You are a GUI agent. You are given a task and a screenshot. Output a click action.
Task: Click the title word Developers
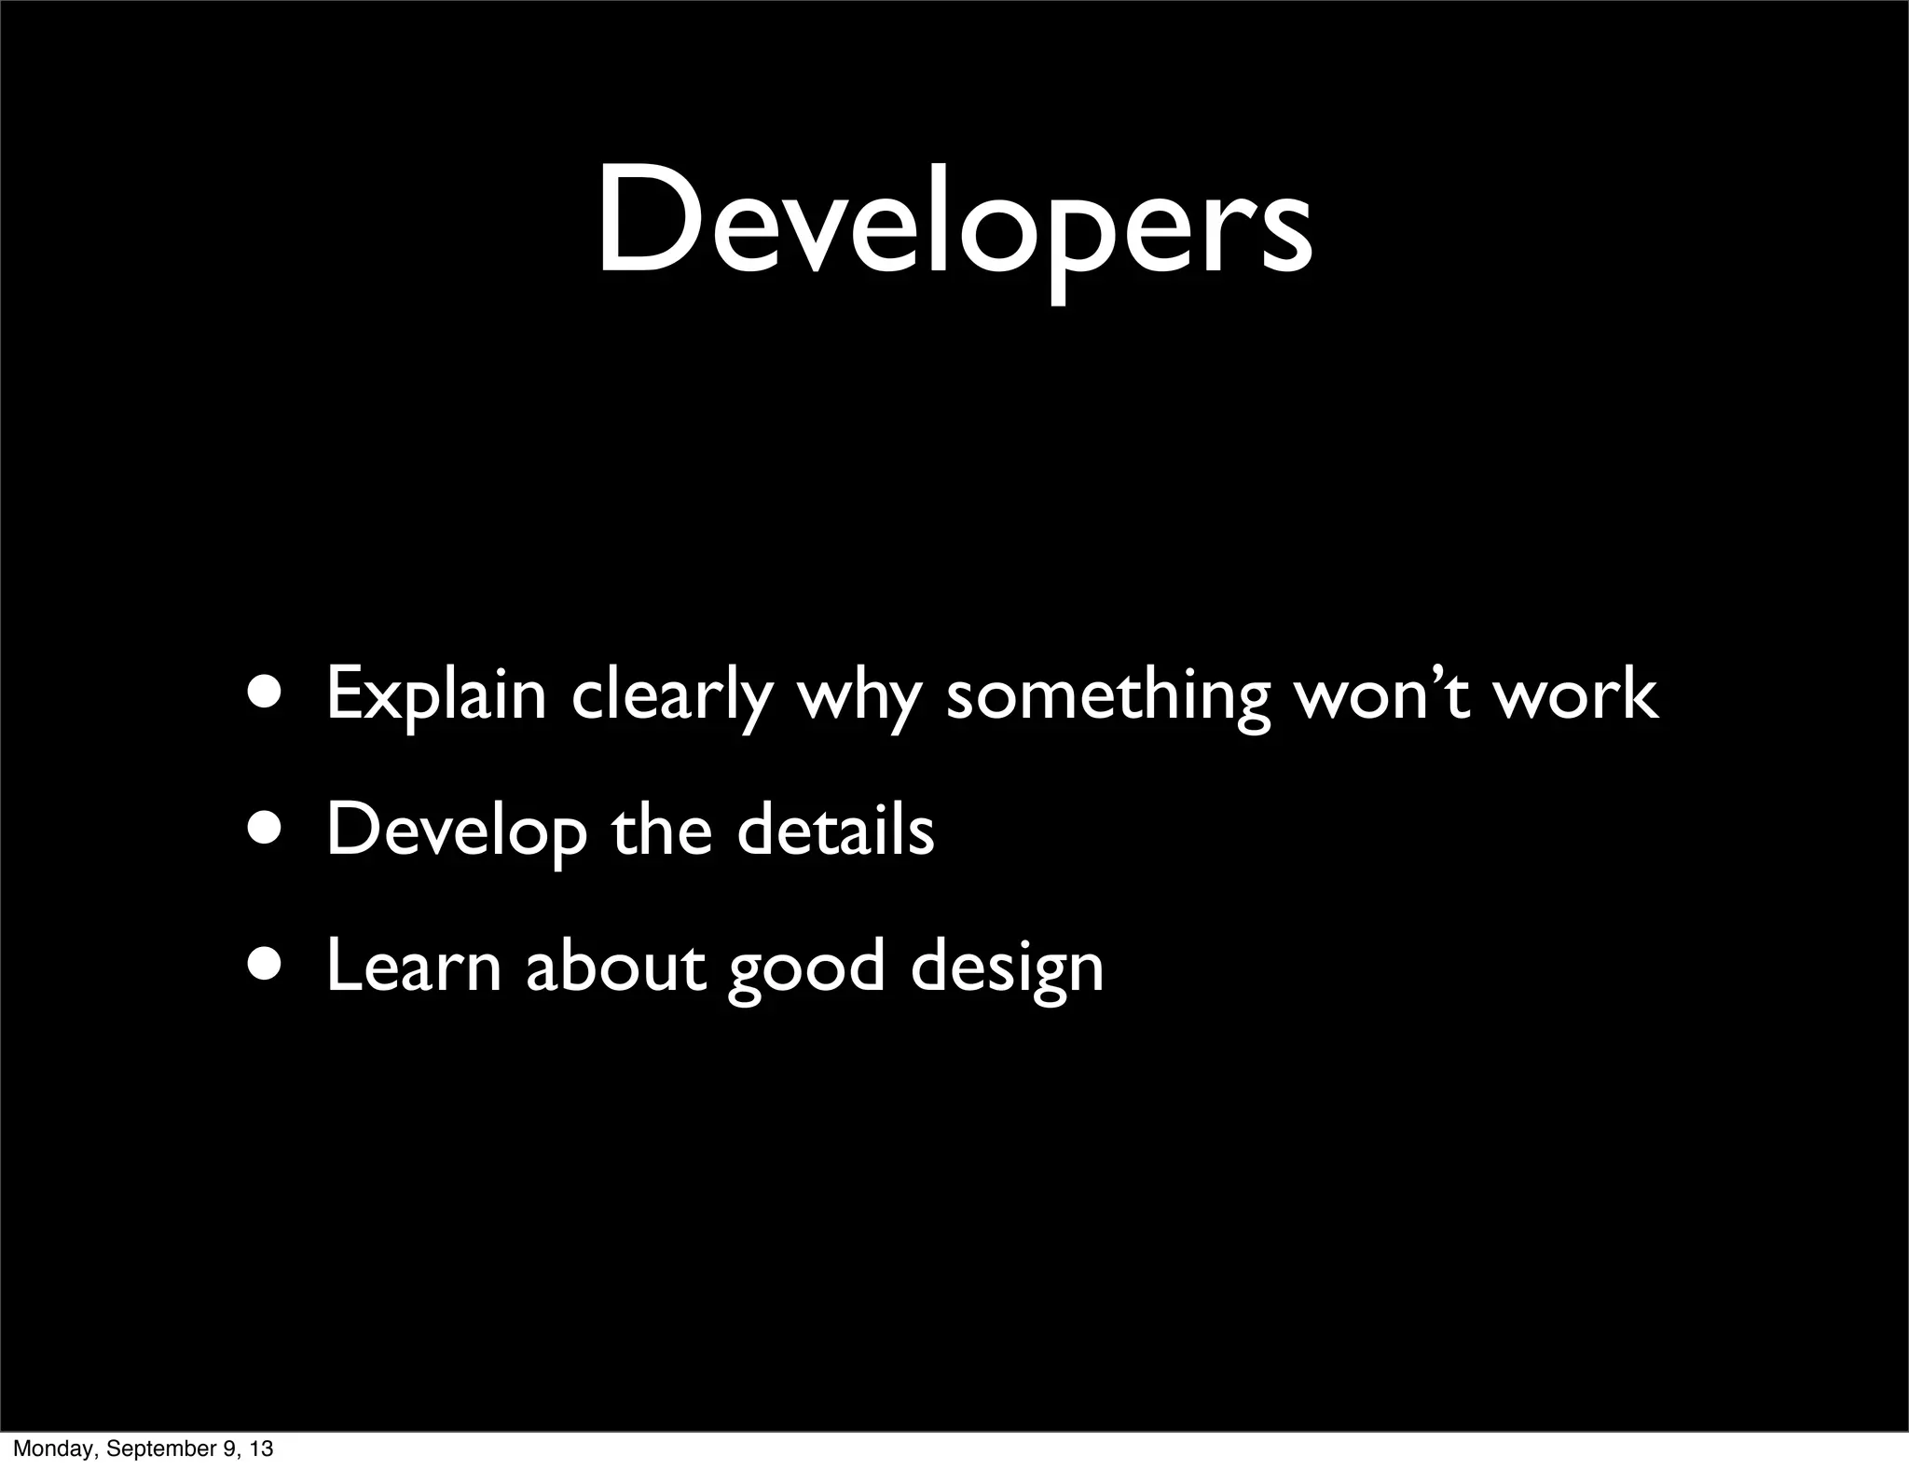click(x=954, y=224)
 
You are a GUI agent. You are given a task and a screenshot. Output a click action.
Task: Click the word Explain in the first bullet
click(x=436, y=695)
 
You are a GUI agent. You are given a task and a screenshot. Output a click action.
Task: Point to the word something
click(x=1107, y=695)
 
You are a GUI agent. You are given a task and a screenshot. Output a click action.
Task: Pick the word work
click(x=1575, y=695)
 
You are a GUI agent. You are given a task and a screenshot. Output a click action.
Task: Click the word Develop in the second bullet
click(x=456, y=831)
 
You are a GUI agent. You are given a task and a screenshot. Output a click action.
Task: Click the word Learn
click(x=414, y=967)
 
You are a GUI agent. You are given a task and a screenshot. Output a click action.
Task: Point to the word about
click(x=615, y=967)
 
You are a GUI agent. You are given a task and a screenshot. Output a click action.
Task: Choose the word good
click(x=805, y=969)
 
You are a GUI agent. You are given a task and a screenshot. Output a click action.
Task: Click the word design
click(x=1007, y=969)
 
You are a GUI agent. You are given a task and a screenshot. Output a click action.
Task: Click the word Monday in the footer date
click(x=50, y=1448)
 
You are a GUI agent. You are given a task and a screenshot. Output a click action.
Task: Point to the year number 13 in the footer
click(x=262, y=1448)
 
